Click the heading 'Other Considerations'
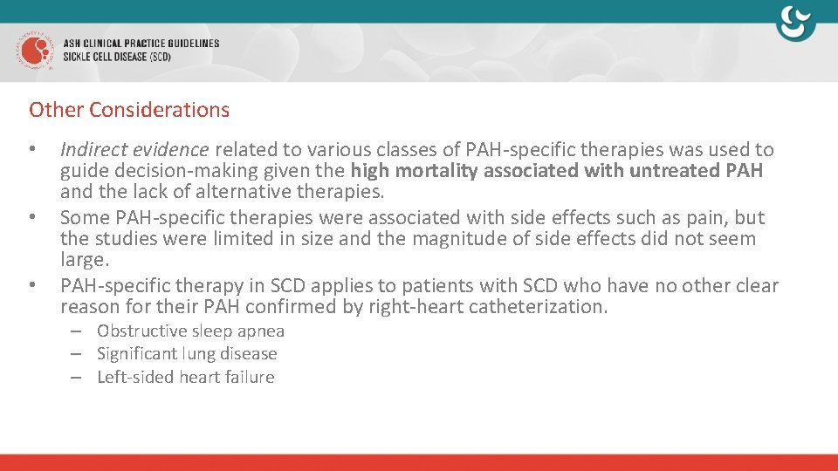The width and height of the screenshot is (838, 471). click(129, 110)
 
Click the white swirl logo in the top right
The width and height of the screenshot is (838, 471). click(795, 24)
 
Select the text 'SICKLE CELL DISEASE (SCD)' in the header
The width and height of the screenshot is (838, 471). click(117, 57)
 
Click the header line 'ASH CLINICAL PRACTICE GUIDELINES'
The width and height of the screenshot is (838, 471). click(141, 43)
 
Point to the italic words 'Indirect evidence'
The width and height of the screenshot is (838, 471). click(134, 150)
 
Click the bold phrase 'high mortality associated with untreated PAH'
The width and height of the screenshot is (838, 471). click(557, 171)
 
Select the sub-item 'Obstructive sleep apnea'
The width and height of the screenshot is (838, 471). click(190, 331)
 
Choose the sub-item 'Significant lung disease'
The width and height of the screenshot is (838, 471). click(187, 354)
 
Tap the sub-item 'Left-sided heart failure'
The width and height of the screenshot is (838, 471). click(185, 378)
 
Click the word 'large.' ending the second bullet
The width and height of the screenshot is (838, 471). click(85, 260)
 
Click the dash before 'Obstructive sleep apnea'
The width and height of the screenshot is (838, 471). click(78, 331)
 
